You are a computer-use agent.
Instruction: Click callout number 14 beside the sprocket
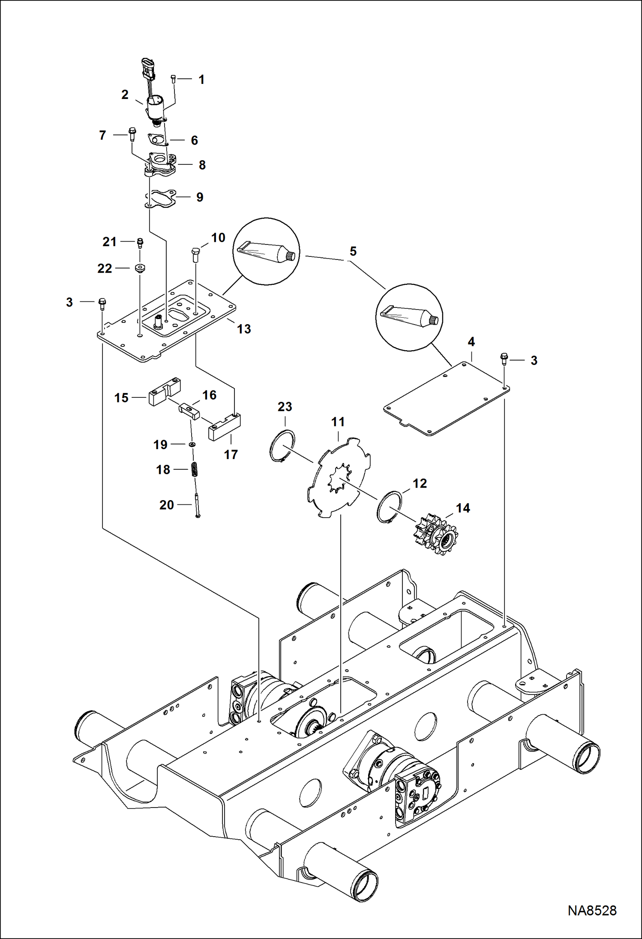463,508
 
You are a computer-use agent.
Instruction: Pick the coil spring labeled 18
193,469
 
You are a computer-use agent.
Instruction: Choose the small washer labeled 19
192,445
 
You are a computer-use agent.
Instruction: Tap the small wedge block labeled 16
189,411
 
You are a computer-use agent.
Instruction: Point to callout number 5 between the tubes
353,251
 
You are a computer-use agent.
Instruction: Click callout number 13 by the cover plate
244,329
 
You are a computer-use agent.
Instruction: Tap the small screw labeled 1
173,79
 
